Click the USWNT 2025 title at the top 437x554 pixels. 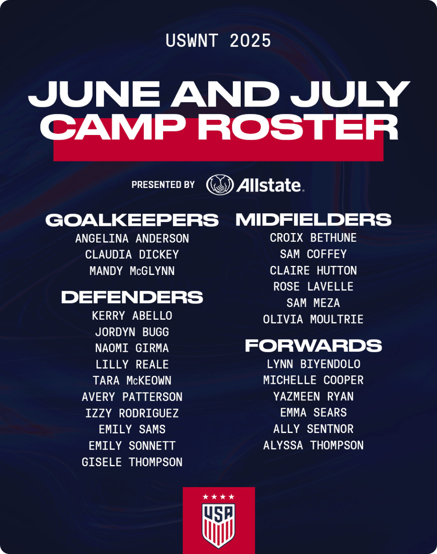coord(218,41)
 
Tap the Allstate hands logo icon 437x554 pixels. coord(220,184)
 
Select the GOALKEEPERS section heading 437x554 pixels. coord(132,220)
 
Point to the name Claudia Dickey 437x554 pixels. coord(132,254)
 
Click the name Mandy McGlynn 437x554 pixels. coord(132,271)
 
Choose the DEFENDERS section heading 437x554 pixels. coord(132,297)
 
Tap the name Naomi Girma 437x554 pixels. coord(132,348)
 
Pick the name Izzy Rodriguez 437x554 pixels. coord(132,413)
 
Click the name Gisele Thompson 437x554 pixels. coord(132,462)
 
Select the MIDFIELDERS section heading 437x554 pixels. coord(313,220)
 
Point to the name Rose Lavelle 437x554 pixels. coord(313,286)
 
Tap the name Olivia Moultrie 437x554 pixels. coord(313,319)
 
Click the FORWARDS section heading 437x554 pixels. coord(313,345)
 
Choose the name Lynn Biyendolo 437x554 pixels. coord(313,364)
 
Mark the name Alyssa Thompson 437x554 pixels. coord(313,445)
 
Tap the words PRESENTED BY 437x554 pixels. coord(163,184)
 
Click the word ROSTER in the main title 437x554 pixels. coord(298,127)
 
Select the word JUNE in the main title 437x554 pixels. coord(94,94)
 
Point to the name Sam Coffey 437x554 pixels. coord(313,254)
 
